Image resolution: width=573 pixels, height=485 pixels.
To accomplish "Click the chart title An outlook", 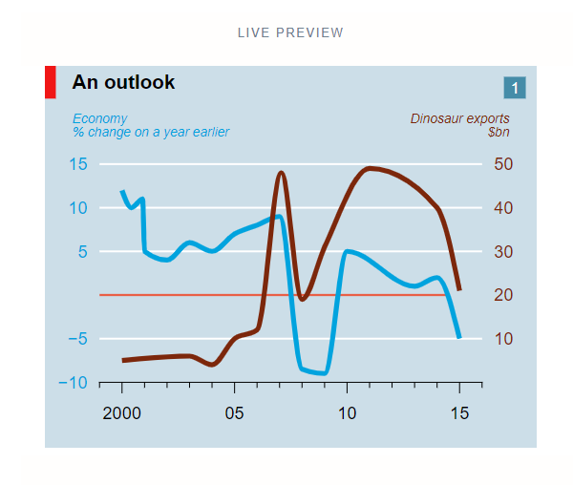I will click(x=123, y=83).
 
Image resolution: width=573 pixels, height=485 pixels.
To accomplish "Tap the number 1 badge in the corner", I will click(x=515, y=88).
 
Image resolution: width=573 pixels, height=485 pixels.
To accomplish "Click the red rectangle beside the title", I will click(x=51, y=82).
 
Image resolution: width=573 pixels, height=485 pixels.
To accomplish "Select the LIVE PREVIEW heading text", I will click(x=290, y=32).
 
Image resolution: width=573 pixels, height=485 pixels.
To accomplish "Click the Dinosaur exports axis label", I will click(x=459, y=118).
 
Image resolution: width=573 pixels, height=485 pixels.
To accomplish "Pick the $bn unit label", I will click(x=498, y=132).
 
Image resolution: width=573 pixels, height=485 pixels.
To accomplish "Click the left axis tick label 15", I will click(x=78, y=164).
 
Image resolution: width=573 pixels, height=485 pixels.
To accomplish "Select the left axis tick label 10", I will click(x=78, y=208).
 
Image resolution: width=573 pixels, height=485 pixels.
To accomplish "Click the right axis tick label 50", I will click(x=503, y=164).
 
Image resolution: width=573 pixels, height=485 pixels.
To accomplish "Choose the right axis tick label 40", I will click(x=503, y=208).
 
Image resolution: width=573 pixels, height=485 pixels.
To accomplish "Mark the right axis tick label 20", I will click(x=503, y=295).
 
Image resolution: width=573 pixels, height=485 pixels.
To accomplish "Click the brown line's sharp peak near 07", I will click(x=281, y=173).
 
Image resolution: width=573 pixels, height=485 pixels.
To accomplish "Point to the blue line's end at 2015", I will click(x=459, y=336).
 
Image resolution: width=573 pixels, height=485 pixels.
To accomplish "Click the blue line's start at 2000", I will click(x=122, y=192).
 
